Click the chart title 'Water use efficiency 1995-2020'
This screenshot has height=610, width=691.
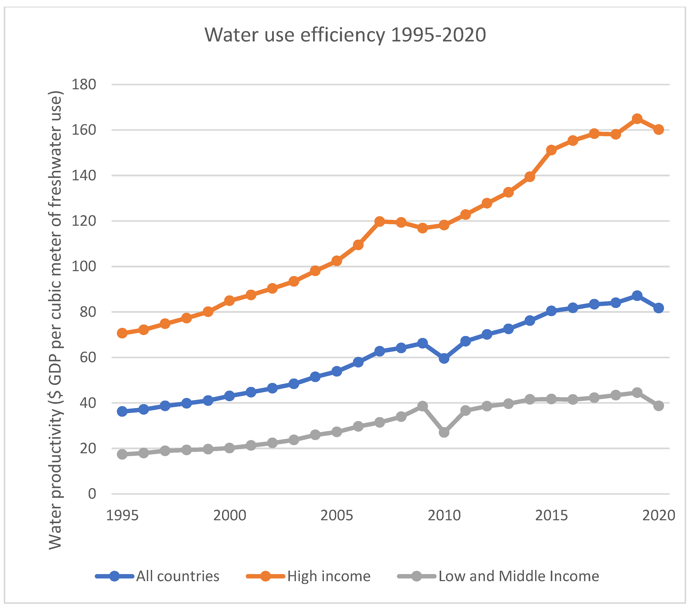[x=345, y=35]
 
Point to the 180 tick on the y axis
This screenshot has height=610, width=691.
[x=84, y=84]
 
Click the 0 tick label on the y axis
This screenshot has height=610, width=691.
[x=92, y=494]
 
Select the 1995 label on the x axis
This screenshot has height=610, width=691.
[x=122, y=515]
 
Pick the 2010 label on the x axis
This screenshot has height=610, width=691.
[x=444, y=515]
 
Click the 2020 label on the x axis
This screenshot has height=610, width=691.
[x=658, y=515]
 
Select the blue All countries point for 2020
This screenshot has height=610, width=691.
[x=658, y=308]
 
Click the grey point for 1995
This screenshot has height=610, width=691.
[x=122, y=454]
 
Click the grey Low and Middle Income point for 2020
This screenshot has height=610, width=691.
[x=658, y=406]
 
